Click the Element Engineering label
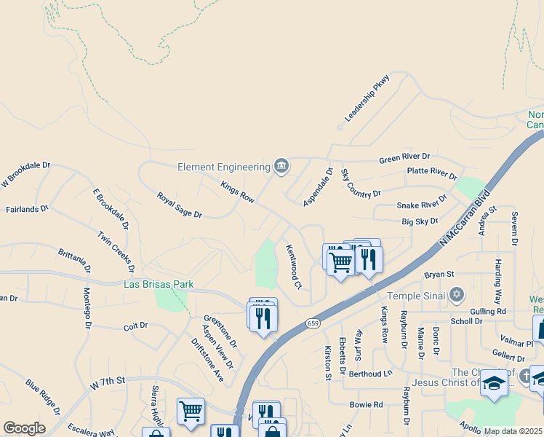pyautogui.click(x=224, y=167)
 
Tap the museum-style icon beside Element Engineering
pyautogui.click(x=281, y=167)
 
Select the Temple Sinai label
pyautogui.click(x=414, y=296)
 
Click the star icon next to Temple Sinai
pyautogui.click(x=456, y=295)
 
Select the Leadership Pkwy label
pyautogui.click(x=367, y=98)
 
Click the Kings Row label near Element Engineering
pyautogui.click(x=237, y=192)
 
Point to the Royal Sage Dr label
pyautogui.click(x=179, y=205)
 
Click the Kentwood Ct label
pyautogui.click(x=293, y=266)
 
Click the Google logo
pyautogui.click(x=24, y=428)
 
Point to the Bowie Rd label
pyautogui.click(x=366, y=404)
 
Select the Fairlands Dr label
pyautogui.click(x=27, y=209)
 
